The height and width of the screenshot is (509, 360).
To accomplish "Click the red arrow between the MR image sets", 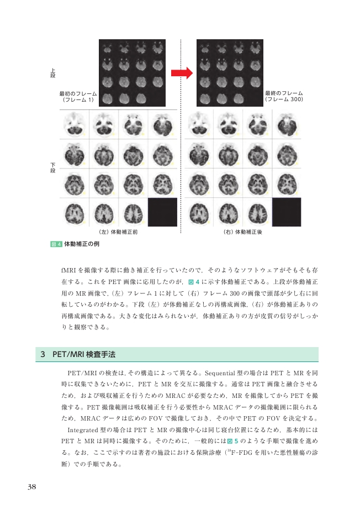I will (181, 73).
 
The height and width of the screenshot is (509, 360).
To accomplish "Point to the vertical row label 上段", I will (53, 74).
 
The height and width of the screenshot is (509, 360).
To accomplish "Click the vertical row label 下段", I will (53, 167).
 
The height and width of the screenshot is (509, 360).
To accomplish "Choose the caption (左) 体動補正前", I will (118, 232).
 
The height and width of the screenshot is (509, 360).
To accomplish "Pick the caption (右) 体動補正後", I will (242, 232).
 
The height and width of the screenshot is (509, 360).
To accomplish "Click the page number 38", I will (32, 486).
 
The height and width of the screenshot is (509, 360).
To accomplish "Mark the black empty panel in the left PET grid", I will (162, 212).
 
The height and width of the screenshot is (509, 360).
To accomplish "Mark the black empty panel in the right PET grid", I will (287, 212).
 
